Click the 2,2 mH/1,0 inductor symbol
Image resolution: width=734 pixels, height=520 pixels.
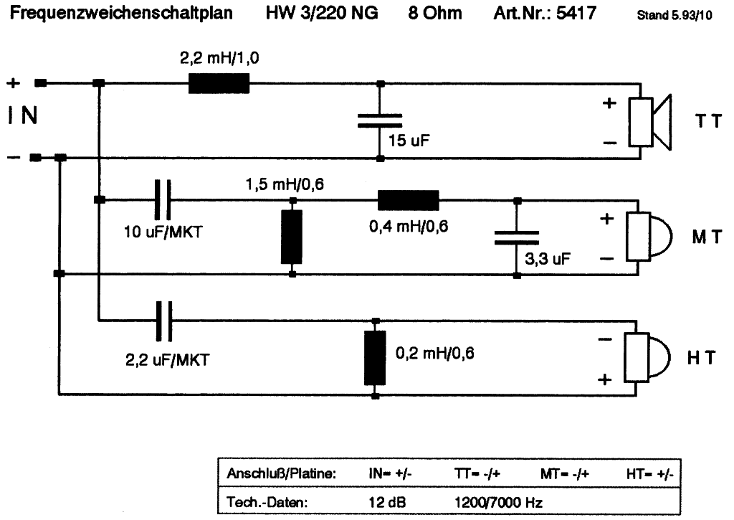[219, 84]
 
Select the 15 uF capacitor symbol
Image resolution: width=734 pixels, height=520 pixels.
[380, 120]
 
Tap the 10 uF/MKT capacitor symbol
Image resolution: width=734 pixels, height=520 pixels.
[163, 199]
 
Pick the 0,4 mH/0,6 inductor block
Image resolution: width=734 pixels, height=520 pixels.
[408, 199]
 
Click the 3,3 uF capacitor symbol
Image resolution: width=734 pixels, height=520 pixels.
[516, 238]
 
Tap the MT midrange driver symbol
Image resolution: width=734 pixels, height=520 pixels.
[647, 237]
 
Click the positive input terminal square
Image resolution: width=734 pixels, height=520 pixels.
[41, 83]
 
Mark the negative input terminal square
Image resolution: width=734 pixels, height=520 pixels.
[35, 158]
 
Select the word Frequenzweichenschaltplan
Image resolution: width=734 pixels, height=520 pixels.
[119, 13]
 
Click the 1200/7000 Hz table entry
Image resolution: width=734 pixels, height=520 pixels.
[501, 502]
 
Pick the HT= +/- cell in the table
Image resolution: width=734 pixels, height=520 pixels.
[649, 474]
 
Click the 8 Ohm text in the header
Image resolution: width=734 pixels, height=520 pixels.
[435, 13]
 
